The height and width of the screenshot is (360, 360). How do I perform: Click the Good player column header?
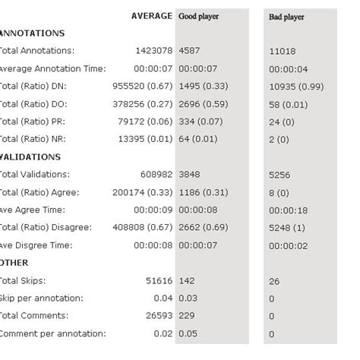click(x=198, y=16)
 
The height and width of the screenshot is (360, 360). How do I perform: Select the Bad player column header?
click(x=286, y=16)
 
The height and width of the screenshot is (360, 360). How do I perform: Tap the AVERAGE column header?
click(x=151, y=16)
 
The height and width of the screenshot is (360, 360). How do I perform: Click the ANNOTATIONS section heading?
click(x=32, y=33)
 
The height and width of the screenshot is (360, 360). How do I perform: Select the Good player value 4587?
click(x=190, y=51)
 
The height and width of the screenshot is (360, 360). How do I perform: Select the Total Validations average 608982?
click(x=154, y=175)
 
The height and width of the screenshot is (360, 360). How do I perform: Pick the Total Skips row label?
click(x=24, y=280)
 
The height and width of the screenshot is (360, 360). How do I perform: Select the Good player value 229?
click(x=188, y=316)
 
